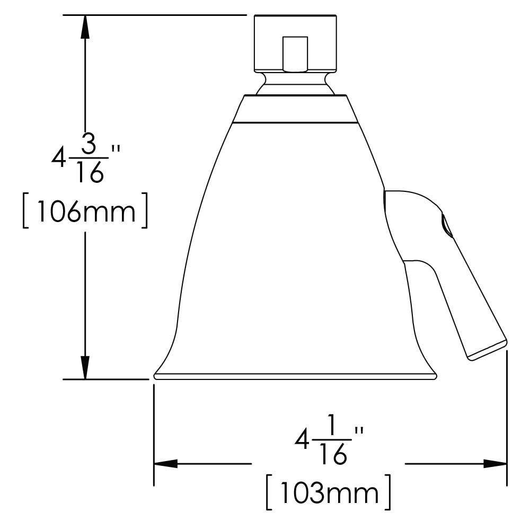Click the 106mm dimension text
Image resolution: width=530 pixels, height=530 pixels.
pos(84,212)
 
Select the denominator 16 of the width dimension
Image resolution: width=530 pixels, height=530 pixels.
pos(333,454)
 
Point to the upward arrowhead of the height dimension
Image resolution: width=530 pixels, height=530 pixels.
pos(84,26)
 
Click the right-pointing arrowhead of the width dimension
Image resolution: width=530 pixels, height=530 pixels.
pos(496,464)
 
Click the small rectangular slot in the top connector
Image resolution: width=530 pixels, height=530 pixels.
pos(295,53)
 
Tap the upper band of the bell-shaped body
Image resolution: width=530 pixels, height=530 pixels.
pos(295,109)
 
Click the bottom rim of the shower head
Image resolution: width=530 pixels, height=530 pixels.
pos(295,376)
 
